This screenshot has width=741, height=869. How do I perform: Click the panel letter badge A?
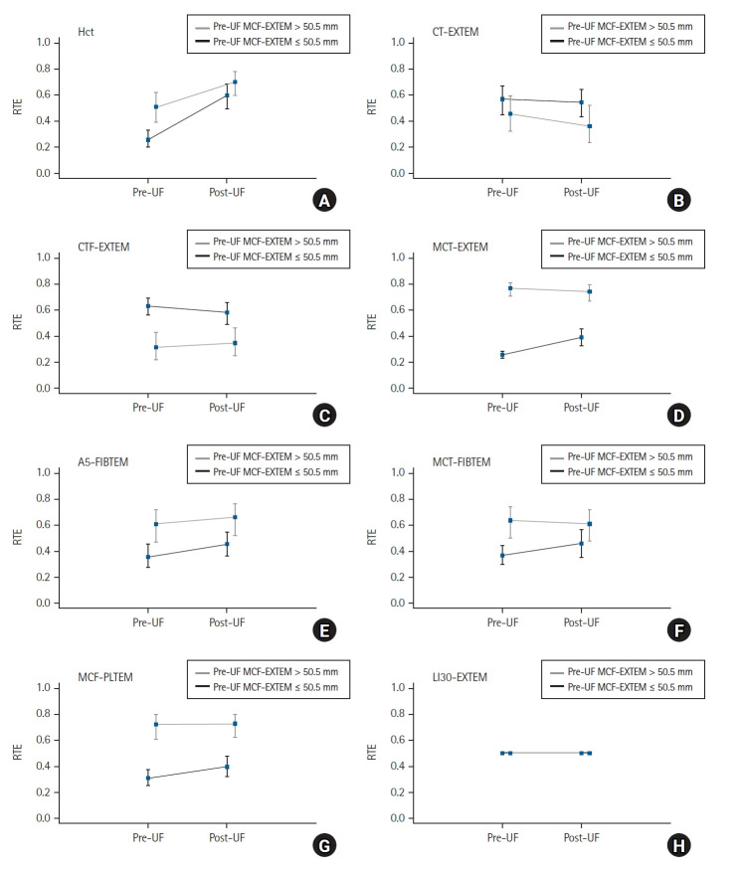[324, 200]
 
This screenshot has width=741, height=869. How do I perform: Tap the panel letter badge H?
[679, 846]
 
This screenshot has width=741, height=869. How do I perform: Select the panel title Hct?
[86, 32]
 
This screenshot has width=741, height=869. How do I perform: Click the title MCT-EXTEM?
[460, 247]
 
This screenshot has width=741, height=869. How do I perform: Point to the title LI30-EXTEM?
[460, 677]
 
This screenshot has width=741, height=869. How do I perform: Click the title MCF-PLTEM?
[105, 677]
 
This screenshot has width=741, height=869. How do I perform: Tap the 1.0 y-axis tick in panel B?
[398, 42]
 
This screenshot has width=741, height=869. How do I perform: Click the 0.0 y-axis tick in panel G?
[43, 818]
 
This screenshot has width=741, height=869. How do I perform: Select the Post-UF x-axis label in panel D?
[582, 408]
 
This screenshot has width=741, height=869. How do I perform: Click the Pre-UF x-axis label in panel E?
[148, 622]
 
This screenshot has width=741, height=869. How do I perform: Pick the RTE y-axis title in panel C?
[18, 322]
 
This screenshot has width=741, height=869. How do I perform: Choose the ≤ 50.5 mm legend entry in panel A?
[268, 42]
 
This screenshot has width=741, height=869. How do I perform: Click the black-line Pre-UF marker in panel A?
[148, 139]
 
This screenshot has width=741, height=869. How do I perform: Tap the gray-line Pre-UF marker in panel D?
[510, 288]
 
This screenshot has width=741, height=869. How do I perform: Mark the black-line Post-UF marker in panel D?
[582, 337]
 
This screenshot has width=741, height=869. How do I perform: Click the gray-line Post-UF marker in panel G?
[235, 724]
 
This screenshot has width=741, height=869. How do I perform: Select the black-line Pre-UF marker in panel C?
[148, 306]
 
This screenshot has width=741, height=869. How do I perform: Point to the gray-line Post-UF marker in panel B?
[590, 126]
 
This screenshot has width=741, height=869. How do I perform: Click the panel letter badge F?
[679, 630]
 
